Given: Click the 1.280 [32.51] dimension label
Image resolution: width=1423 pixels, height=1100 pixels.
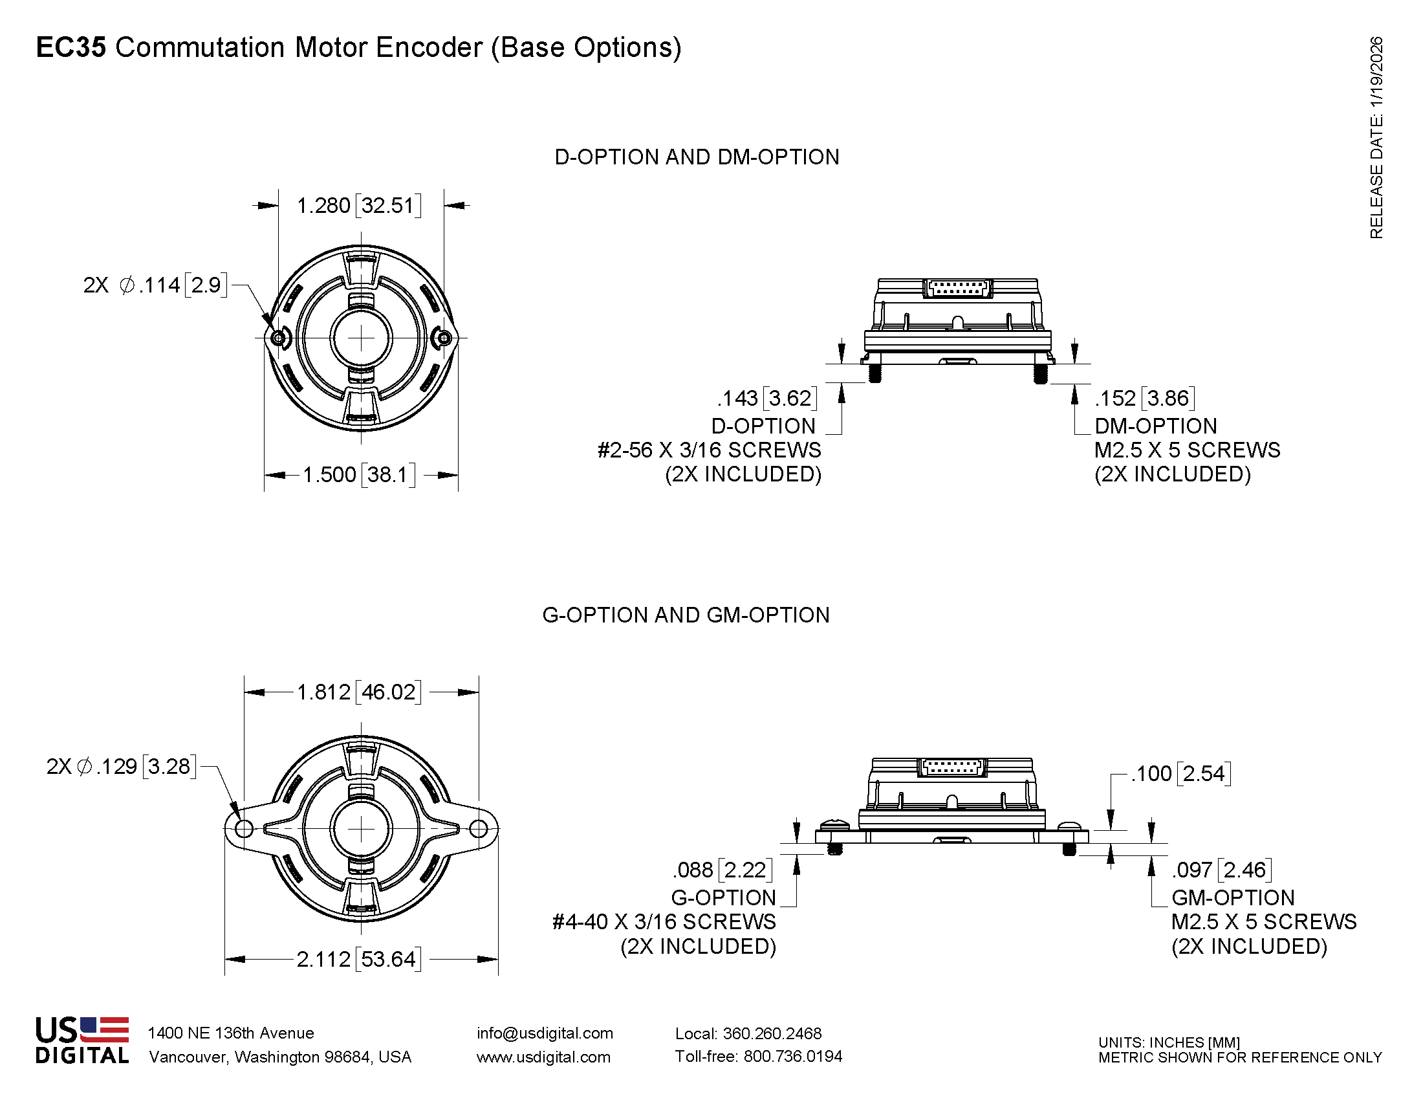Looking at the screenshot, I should [x=359, y=206].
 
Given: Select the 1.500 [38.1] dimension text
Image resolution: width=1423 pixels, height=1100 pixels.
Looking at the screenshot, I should [x=359, y=474].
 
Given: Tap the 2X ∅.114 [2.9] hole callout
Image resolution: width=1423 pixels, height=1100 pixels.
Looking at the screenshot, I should [x=155, y=285].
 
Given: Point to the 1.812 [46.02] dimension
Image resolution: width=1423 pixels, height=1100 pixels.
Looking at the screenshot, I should [x=359, y=692].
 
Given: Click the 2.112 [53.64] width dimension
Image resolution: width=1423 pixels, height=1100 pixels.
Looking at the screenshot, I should [x=359, y=959].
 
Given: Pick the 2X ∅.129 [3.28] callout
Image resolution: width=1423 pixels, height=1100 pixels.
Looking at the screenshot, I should [x=121, y=766].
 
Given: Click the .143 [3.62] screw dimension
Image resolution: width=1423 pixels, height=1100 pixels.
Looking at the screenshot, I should [x=767, y=398].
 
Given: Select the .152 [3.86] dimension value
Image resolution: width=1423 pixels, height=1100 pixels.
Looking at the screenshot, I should [x=1145, y=398].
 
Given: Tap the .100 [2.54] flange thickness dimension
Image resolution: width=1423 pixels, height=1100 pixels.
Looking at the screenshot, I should [x=1180, y=773].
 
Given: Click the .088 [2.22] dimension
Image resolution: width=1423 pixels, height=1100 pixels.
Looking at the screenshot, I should [x=722, y=870].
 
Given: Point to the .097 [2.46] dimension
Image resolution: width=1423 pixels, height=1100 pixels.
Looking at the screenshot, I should [x=1222, y=870].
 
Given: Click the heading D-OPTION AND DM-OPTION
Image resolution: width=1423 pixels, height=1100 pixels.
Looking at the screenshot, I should [x=697, y=157].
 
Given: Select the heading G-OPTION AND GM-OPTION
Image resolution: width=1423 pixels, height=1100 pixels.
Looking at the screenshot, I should [x=686, y=615].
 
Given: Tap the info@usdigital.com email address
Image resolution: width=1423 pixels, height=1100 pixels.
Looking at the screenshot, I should [x=545, y=1033].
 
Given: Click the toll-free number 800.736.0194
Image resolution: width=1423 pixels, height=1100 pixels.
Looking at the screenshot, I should [x=792, y=1057].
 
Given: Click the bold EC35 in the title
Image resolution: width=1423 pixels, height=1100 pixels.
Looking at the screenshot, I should [x=71, y=48].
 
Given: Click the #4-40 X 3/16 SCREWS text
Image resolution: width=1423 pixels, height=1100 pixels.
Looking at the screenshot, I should [x=664, y=922].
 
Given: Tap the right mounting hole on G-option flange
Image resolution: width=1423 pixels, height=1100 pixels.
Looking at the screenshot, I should [x=478, y=829].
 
